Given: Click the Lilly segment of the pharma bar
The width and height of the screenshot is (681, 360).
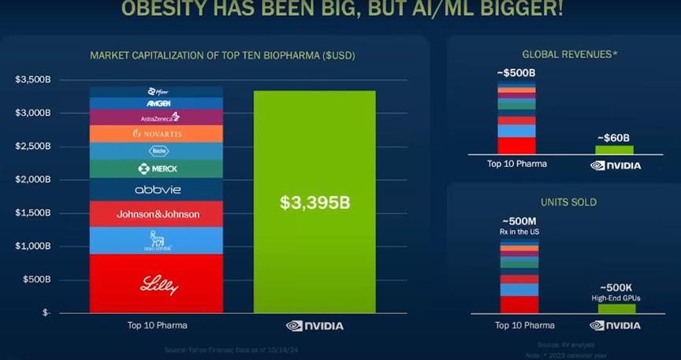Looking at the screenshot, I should pos(156,284).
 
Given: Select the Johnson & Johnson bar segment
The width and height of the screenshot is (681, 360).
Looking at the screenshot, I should pos(156,213).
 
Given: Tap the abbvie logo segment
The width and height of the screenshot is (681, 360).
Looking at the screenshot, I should pos(156,190).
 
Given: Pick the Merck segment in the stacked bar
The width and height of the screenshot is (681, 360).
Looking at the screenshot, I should pos(156,169).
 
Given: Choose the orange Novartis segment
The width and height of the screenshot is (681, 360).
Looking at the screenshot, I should pos(156,134).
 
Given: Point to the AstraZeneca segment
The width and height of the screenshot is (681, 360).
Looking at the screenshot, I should pos(156,117).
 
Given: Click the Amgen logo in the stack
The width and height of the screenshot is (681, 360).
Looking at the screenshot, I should pos(156,103).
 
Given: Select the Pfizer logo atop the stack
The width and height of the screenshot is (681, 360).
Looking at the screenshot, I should pos(156,92).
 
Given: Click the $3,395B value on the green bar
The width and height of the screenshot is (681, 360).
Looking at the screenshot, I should pos(314,202).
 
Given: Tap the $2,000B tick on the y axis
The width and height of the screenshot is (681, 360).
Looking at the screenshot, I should pos(32,180).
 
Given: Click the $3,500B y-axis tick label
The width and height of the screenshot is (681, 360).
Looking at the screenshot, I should pos(32,80).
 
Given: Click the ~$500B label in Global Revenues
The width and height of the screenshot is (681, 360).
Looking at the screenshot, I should pos(516,73).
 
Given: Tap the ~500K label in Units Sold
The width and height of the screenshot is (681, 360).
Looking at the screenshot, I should pos(616,288).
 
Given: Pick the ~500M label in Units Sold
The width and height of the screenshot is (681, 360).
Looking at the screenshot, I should pos(519,221).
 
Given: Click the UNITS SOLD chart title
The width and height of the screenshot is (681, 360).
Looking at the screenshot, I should pos(568,202).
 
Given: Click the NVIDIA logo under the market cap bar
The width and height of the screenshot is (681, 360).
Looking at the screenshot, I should pos(314,325).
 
